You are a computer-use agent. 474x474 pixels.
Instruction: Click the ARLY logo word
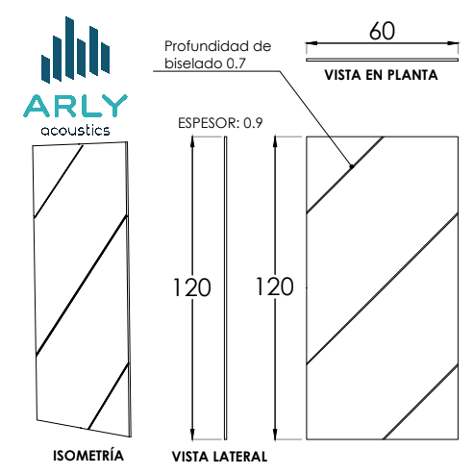[x=75, y=106]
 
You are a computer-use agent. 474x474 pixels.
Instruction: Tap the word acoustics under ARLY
[x=75, y=130]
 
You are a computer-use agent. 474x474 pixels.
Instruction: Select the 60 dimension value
[x=382, y=31]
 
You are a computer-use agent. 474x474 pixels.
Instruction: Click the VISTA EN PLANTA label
[x=381, y=75]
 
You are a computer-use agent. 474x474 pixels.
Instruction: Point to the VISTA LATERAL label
[x=219, y=457]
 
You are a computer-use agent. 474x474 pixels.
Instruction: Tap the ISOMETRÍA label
[x=88, y=455]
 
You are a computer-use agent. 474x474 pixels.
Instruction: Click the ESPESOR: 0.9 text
[x=220, y=123]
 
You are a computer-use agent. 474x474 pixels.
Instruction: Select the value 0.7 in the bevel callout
[x=236, y=63]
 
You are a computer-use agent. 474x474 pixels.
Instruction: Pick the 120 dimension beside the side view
[x=191, y=287]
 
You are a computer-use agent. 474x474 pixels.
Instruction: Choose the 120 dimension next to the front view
[x=275, y=287]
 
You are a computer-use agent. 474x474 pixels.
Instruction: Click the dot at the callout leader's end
[x=352, y=166]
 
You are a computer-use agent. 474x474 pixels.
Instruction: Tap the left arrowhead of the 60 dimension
[x=312, y=43]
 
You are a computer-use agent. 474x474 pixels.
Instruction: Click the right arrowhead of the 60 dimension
[x=453, y=43]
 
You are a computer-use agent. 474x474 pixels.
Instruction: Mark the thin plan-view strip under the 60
[x=382, y=60]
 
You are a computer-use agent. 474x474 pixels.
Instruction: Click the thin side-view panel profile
[x=226, y=288]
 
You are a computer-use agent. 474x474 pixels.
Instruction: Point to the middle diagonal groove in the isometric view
[x=82, y=286]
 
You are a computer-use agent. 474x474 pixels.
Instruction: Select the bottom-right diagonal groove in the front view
[x=420, y=402]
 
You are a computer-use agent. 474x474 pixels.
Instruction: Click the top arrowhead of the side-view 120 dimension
[x=192, y=142]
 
